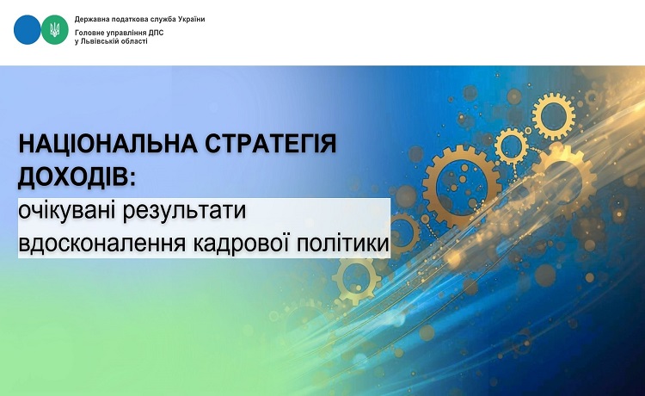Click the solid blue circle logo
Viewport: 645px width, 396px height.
(x=28, y=29)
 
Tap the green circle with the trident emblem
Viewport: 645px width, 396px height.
(x=55, y=29)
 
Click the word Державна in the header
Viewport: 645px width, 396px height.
(x=89, y=19)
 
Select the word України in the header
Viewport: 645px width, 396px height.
(x=191, y=19)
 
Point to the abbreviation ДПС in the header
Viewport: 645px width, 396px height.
(x=156, y=33)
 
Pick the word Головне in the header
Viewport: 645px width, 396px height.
(x=87, y=33)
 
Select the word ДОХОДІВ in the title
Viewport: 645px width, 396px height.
(x=74, y=176)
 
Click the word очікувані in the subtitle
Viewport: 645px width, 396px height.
(x=67, y=210)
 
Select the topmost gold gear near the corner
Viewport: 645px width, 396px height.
(x=553, y=115)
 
